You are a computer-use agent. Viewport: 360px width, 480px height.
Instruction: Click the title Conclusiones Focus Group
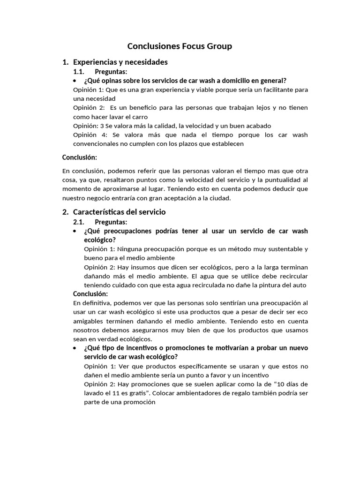pos(180,46)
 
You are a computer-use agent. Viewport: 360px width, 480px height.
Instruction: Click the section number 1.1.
pos(78,72)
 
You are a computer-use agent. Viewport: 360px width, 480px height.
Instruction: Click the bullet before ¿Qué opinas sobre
pos(75,81)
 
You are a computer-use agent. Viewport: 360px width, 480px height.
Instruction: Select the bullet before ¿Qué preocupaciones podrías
pos(75,231)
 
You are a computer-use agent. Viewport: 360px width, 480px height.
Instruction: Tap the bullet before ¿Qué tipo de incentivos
pos(75,348)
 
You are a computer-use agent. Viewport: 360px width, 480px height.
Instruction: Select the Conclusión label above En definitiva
pos(90,294)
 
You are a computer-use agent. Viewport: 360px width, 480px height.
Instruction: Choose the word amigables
pos(90,321)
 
